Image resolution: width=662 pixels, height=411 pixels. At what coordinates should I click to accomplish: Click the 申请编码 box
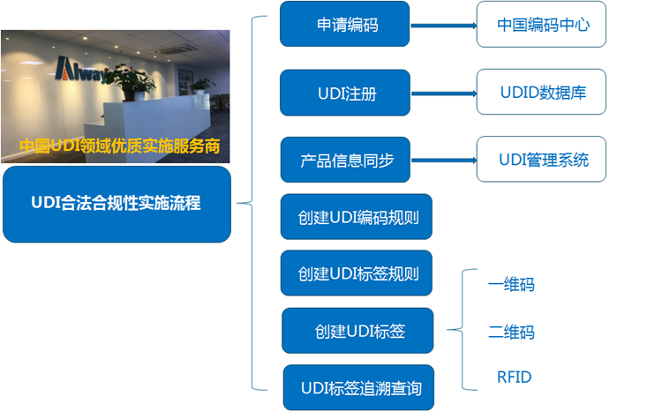tap(344, 24)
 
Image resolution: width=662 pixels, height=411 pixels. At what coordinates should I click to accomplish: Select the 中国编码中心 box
tap(541, 25)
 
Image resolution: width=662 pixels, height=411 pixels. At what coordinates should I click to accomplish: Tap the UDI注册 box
tap(345, 93)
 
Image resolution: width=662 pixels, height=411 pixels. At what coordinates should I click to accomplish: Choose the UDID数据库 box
tap(541, 92)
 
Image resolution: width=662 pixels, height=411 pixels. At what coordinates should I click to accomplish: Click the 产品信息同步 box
tap(345, 160)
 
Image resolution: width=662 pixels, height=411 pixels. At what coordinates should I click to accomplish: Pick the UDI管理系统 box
tap(541, 159)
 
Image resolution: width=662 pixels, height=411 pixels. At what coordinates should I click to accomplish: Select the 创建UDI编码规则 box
tap(357, 217)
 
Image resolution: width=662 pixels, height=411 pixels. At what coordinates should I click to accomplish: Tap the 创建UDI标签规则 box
tap(357, 273)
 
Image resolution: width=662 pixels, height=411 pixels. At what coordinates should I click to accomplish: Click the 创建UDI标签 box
tap(357, 331)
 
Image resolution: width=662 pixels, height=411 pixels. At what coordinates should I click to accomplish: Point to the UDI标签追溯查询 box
tap(358, 388)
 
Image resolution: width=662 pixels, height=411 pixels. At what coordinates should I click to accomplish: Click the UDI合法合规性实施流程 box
tap(117, 205)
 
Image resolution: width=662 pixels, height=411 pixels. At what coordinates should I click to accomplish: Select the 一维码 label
tap(511, 284)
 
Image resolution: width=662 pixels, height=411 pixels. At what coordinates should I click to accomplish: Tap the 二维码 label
tap(511, 333)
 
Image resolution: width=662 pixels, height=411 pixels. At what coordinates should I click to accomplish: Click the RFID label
tap(515, 377)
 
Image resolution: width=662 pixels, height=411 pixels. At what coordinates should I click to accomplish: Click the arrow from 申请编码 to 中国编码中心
tap(443, 26)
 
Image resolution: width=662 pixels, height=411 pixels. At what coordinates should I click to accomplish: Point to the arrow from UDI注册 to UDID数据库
tap(444, 93)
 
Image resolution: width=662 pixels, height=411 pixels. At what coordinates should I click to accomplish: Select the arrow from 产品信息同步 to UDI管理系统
tap(444, 161)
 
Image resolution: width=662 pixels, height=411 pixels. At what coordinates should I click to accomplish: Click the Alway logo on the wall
tap(81, 70)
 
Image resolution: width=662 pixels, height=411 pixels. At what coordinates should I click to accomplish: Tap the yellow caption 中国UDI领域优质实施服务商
tap(119, 146)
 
